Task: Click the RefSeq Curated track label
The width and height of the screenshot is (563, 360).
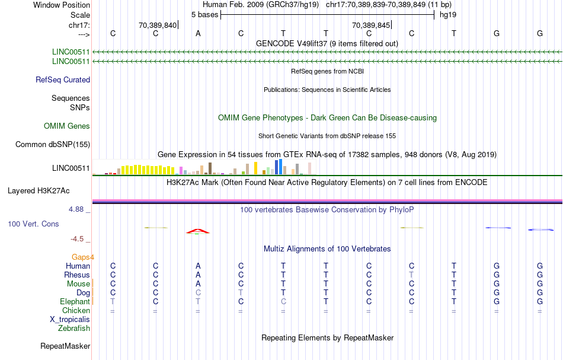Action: pos(63,80)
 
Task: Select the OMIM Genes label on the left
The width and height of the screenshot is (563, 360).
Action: pos(67,126)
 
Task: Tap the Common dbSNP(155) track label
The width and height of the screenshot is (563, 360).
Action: pos(53,144)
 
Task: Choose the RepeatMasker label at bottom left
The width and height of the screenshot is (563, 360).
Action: pos(65,346)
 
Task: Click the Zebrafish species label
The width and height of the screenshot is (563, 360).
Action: pos(74,328)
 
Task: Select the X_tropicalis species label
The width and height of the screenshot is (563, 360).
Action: pos(70,319)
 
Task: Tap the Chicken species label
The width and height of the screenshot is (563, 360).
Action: pos(76,310)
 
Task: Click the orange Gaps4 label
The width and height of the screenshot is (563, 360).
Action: pos(83,257)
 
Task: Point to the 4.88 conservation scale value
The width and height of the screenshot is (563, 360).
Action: pos(79,209)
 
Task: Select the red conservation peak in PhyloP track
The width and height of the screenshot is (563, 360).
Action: pos(198,230)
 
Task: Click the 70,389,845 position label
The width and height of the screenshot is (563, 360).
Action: pos(371,25)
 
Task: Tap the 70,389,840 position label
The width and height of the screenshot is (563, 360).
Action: pos(158,25)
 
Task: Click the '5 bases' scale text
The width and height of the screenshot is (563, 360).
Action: pos(204,14)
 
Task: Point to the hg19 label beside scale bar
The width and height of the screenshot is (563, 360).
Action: pos(447,14)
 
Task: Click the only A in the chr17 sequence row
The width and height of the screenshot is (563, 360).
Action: pos(198,33)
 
